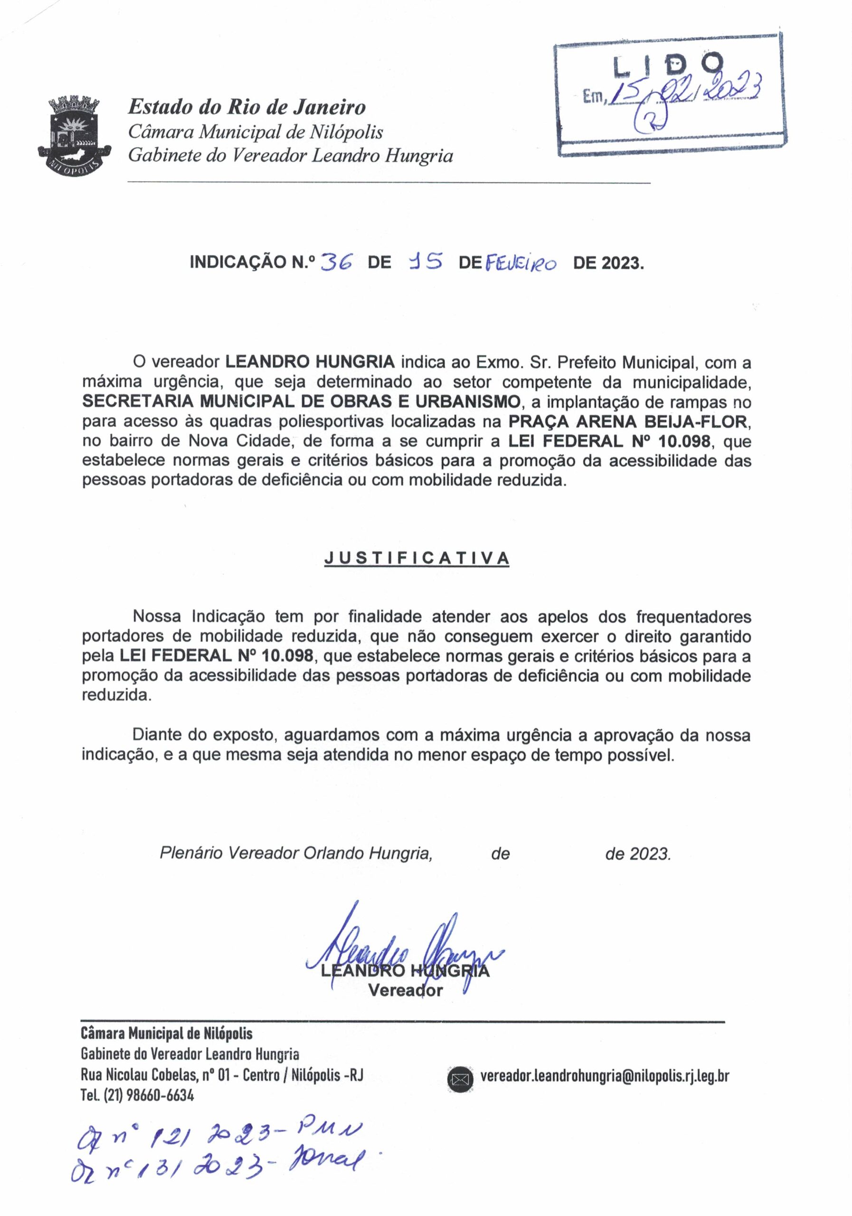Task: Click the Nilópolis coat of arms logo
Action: click(x=75, y=135)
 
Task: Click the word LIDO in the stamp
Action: click(x=668, y=65)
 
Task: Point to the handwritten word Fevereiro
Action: click(x=521, y=263)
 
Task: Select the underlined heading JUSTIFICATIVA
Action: click(x=416, y=558)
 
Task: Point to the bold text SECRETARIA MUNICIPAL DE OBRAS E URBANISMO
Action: click(x=301, y=402)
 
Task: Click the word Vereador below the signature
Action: click(x=405, y=990)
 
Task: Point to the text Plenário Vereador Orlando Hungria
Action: click(x=295, y=853)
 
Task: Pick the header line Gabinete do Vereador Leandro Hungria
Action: click(x=290, y=155)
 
